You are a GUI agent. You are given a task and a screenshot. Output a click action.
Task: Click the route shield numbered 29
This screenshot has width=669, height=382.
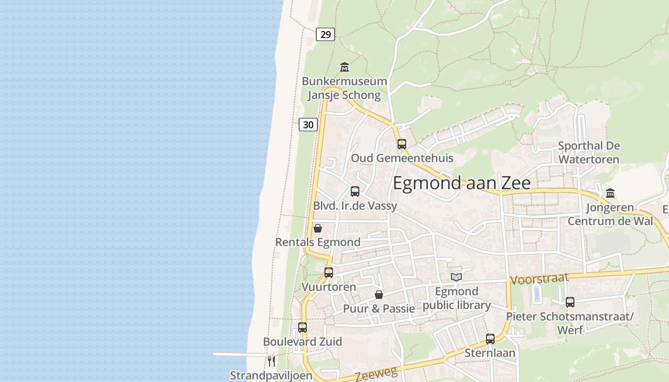click(325, 34)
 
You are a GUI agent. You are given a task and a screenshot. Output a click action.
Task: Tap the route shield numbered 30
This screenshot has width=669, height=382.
click(308, 125)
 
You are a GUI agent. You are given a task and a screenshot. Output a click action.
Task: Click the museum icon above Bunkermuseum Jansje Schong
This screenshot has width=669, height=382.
click(344, 67)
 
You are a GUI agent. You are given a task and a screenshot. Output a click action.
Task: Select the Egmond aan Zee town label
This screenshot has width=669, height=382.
click(462, 183)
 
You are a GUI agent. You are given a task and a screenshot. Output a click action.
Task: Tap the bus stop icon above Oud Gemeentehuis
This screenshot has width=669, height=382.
click(401, 144)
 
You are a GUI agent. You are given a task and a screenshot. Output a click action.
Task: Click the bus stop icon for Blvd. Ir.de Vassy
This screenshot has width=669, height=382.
click(355, 191)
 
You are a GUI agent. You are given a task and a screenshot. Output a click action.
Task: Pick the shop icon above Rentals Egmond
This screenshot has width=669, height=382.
click(317, 228)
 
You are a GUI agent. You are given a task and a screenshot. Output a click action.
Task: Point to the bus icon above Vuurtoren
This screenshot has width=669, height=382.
click(329, 273)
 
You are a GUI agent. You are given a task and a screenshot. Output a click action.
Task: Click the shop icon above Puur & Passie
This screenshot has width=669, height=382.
click(379, 295)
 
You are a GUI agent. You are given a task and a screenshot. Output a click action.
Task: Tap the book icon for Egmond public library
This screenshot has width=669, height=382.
click(456, 277)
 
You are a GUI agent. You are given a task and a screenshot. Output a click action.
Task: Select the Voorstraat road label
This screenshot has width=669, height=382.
click(540, 279)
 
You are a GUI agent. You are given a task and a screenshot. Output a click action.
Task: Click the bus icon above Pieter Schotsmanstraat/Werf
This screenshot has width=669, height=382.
click(570, 302)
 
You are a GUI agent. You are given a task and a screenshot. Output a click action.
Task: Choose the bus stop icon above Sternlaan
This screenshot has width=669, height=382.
click(490, 339)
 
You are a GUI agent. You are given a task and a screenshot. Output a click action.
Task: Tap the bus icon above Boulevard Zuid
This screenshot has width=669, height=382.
click(302, 328)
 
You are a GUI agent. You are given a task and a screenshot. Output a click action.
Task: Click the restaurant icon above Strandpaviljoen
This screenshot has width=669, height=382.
click(271, 361)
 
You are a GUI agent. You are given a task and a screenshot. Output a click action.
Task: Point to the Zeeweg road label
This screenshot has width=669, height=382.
click(376, 375)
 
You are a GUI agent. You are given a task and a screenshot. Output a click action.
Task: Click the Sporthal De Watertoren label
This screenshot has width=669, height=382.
click(589, 152)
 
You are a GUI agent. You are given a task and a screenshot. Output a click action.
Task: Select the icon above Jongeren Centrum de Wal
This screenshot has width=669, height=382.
click(610, 193)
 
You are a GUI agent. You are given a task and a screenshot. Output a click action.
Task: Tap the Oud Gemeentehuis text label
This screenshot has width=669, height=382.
click(402, 158)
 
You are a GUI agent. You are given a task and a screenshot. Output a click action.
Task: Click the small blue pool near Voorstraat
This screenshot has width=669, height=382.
click(536, 294)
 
